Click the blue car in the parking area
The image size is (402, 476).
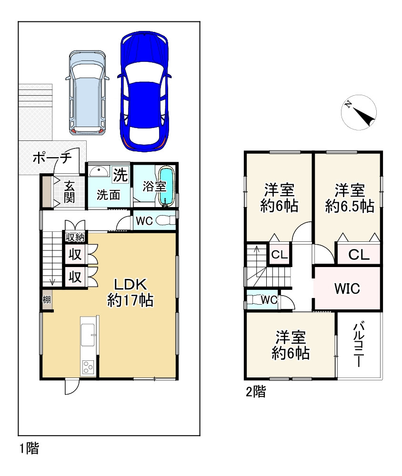click(144, 91)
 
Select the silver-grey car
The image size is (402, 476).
click(88, 93)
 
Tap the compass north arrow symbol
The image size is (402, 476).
click(359, 113)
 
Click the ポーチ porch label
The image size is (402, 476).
click(52, 158)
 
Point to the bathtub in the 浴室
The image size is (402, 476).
click(167, 187)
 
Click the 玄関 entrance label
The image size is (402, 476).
click(69, 192)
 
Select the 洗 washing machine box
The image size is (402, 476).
click(121, 174)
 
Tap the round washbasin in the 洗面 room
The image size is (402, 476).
click(99, 172)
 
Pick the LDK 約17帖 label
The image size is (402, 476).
click(131, 293)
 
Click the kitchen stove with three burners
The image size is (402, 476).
click(88, 367)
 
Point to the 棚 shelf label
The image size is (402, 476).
click(47, 300)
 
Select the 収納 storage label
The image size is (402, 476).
click(75, 237)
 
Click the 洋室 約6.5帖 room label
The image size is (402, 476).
click(350, 198)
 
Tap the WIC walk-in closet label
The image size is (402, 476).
click(347, 289)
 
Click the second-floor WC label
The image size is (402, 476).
click(269, 300)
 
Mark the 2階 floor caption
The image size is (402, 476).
click(256, 392)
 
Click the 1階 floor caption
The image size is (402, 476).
click(30, 448)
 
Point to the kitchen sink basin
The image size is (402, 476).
click(88, 335)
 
